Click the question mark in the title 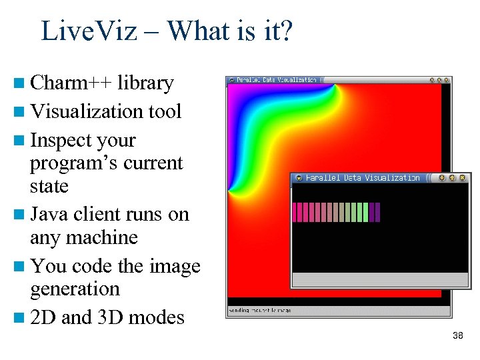285,31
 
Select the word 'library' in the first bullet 145,83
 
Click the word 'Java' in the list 49,215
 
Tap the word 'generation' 75,289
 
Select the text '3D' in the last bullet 111,317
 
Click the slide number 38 457,335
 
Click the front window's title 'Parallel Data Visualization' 363,178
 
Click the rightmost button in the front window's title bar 461,178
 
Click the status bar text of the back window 260,311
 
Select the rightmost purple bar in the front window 377,212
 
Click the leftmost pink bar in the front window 295,212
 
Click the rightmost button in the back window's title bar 447,80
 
